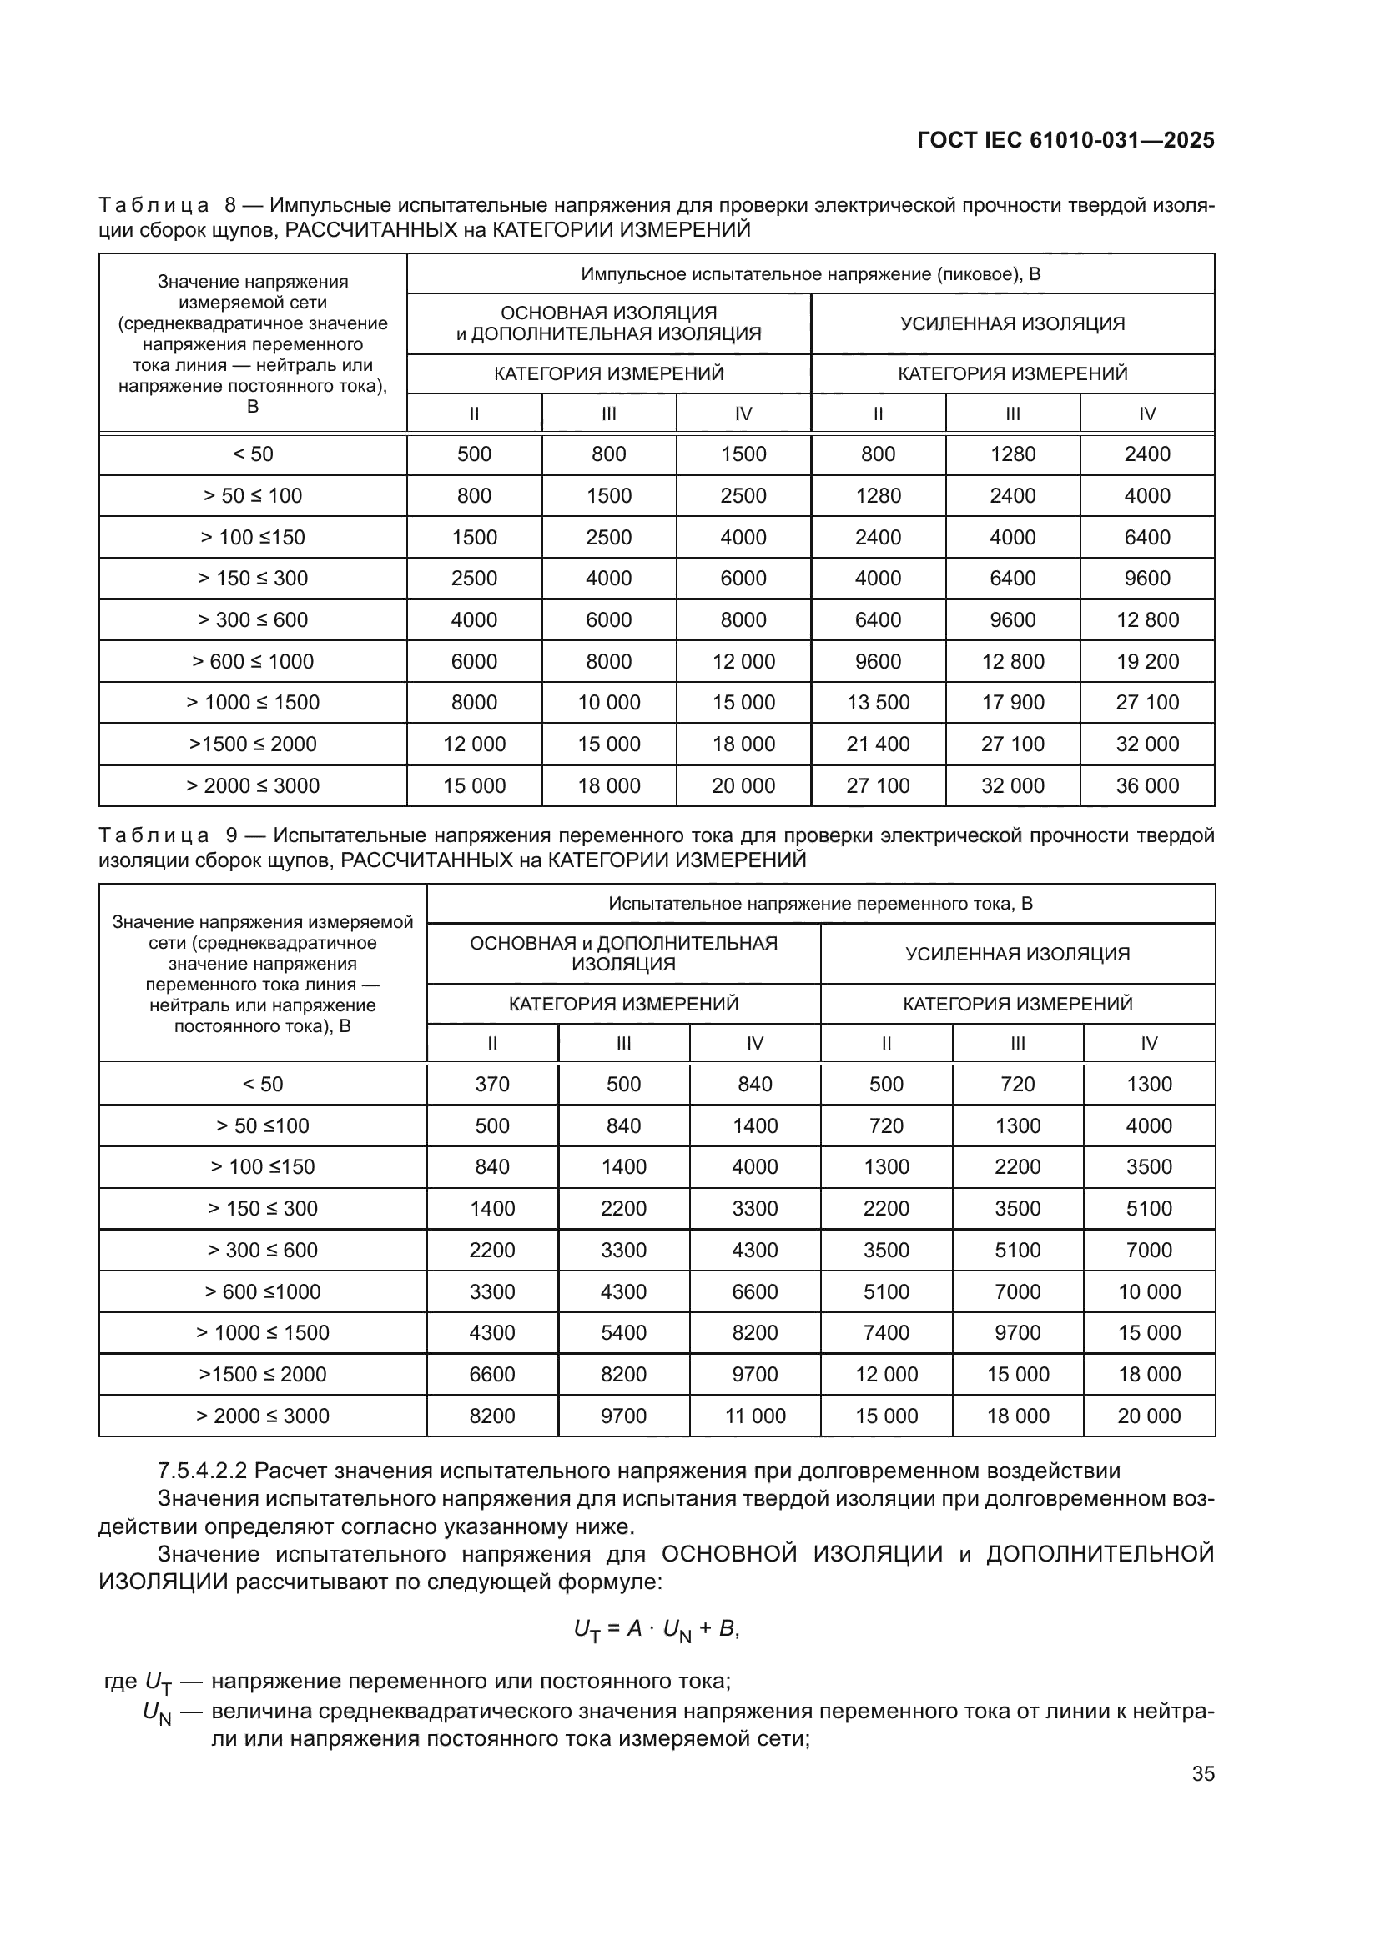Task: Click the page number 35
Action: tap(1202, 1773)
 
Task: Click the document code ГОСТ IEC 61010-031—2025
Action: tap(1065, 141)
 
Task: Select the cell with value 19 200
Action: tap(1147, 662)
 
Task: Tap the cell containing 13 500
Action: tap(878, 702)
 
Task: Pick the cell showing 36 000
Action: tap(1147, 785)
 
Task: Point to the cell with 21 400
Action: tap(878, 744)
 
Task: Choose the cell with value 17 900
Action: tap(1012, 702)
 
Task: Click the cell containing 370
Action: tap(492, 1085)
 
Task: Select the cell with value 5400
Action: tap(624, 1332)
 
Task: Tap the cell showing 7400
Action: tap(886, 1332)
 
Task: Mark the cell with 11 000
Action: tap(754, 1416)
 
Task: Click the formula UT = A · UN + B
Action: tap(656, 1629)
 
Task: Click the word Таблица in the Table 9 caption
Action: tap(154, 835)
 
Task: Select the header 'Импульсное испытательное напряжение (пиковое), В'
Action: tap(810, 274)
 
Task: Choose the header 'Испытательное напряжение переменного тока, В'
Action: tap(820, 904)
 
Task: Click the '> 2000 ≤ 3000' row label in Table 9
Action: tap(263, 1416)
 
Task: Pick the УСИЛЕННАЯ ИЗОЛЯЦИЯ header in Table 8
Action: tap(1012, 323)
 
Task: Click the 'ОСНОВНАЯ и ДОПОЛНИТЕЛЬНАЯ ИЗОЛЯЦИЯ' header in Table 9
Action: tap(624, 953)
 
